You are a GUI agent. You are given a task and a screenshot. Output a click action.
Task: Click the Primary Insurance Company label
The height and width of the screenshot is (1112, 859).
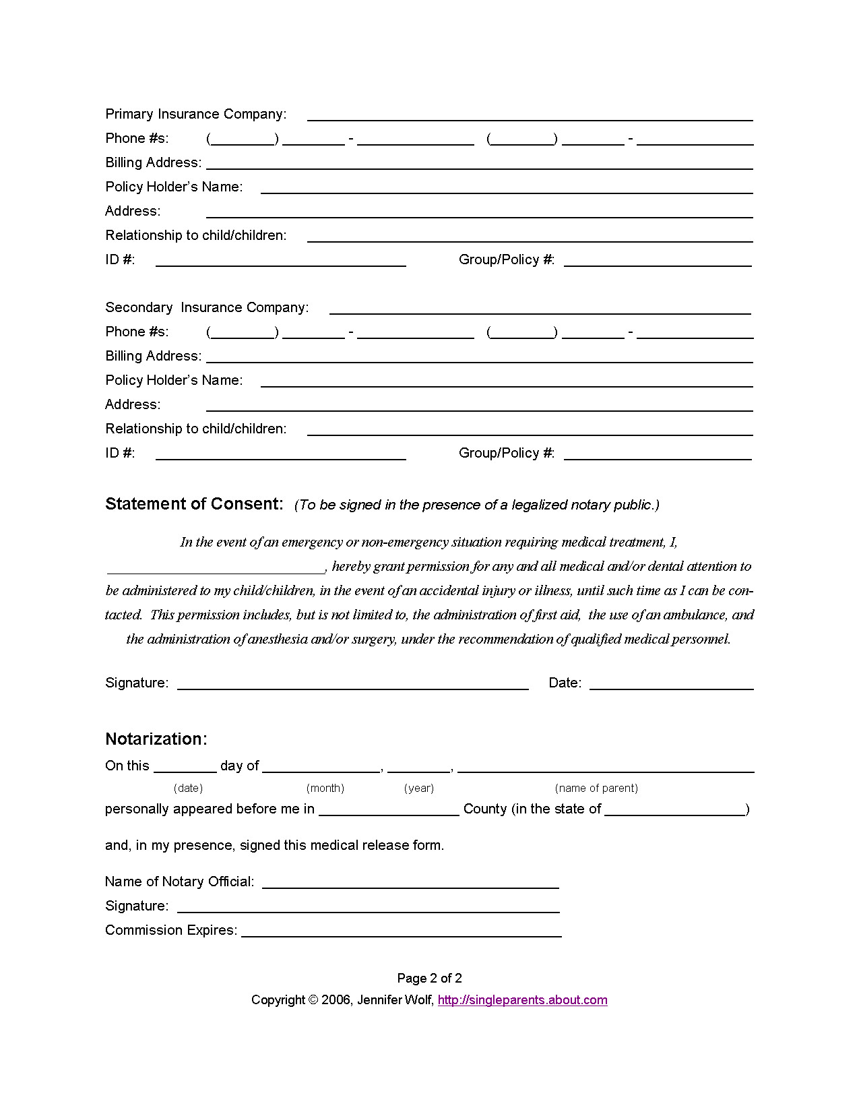(195, 114)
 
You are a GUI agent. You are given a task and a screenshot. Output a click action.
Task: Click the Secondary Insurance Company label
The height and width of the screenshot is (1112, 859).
(207, 307)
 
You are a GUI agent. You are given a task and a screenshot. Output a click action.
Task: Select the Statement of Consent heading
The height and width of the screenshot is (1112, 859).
(194, 504)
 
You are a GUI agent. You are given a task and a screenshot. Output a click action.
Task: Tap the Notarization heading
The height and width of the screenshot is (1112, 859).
(156, 739)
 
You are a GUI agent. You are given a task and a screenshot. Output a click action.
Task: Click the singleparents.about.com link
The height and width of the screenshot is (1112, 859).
(522, 1000)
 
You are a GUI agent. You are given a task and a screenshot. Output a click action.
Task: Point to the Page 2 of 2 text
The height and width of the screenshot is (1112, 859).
(429, 978)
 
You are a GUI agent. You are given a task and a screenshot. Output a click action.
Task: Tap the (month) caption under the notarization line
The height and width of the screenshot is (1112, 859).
(325, 788)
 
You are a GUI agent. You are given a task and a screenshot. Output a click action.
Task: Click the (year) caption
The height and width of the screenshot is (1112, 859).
(418, 788)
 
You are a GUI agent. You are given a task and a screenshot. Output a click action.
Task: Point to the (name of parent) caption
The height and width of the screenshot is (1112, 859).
(596, 788)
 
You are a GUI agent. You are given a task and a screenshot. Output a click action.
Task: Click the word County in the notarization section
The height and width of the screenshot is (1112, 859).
(485, 809)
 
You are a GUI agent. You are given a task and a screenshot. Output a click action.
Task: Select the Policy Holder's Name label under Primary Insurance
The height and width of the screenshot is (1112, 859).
(174, 187)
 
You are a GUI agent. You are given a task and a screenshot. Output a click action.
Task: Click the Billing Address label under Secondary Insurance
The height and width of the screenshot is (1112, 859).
(153, 356)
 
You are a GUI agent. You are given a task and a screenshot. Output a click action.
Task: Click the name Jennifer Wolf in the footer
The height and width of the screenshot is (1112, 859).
(395, 1000)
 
